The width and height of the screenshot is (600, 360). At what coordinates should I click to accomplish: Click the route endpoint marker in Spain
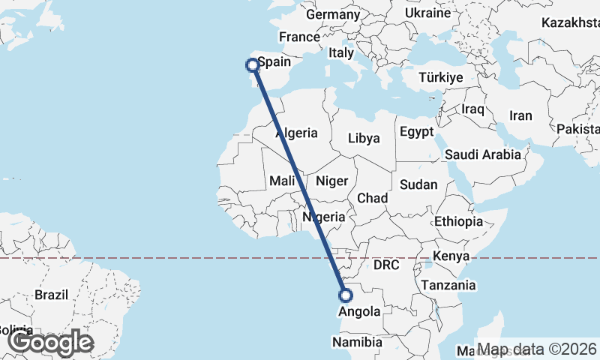pos(253,65)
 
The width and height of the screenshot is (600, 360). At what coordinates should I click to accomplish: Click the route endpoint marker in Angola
pos(346,295)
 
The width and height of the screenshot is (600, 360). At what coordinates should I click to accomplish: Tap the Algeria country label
pos(297,133)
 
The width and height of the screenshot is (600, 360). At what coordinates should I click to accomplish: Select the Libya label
pos(364,138)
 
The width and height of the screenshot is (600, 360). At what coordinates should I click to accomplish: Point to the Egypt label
pos(417,132)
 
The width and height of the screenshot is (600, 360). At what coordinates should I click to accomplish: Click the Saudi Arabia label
pos(482,154)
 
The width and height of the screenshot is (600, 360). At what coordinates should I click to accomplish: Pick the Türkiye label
pos(441,77)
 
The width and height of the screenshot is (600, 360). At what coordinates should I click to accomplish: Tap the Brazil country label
pos(52,294)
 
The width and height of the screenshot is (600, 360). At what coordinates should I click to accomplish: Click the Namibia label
pos(358,342)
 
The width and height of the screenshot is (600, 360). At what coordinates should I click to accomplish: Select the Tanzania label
pos(448,285)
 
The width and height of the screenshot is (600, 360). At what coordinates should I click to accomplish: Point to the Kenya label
pos(451,256)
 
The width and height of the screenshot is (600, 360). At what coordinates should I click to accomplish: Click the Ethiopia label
pos(458,221)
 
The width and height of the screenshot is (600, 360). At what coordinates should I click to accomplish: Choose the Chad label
pos(372,198)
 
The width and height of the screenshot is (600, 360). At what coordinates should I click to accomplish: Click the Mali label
pos(282,181)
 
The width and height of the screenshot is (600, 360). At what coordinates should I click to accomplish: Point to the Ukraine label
pos(427,13)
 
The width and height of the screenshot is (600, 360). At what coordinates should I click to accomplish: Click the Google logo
pos(51,343)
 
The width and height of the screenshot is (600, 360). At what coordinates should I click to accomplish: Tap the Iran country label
pos(520,115)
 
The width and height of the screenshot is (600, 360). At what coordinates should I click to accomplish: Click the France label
pos(299,37)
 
